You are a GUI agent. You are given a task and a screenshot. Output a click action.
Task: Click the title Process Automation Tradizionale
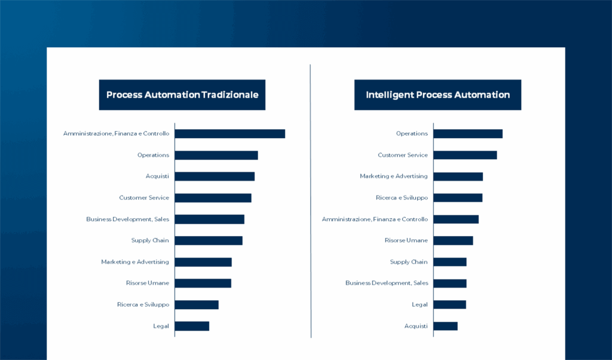pyautogui.click(x=182, y=95)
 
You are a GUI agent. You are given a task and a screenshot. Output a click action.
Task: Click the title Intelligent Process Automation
pyautogui.click(x=437, y=95)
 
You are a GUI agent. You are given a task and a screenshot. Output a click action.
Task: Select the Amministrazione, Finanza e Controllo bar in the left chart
pyautogui.click(x=229, y=134)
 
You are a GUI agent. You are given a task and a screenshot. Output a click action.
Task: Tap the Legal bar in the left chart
pyautogui.click(x=192, y=326)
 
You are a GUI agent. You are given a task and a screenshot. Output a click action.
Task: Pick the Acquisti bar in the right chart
pyautogui.click(x=445, y=326)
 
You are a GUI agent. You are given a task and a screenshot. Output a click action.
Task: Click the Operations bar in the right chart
pyautogui.click(x=468, y=134)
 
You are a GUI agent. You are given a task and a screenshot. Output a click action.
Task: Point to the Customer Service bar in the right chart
pyautogui.click(x=465, y=155)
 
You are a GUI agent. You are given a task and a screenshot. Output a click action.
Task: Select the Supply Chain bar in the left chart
pyautogui.click(x=209, y=240)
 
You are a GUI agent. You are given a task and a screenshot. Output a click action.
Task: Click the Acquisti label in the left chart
pyautogui.click(x=157, y=176)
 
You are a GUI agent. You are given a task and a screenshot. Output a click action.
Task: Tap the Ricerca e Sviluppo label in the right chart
pyautogui.click(x=402, y=198)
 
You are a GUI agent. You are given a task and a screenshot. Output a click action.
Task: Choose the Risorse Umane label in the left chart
pyautogui.click(x=147, y=283)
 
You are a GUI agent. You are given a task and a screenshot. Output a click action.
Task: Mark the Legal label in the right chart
pyautogui.click(x=420, y=305)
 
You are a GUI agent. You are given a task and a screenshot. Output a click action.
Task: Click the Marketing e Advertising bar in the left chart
pyautogui.click(x=203, y=262)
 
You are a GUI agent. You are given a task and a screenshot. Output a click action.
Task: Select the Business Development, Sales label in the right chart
pyautogui.click(x=387, y=283)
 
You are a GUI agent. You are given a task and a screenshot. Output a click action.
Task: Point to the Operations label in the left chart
pyautogui.click(x=153, y=155)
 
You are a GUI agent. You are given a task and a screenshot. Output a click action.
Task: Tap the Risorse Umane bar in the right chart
pyautogui.click(x=453, y=240)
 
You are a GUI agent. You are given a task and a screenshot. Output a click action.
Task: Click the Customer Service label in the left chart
pyautogui.click(x=144, y=198)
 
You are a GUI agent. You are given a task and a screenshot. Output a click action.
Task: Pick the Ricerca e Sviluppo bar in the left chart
pyautogui.click(x=197, y=305)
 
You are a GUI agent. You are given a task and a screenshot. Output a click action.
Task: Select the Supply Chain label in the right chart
pyautogui.click(x=409, y=262)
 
